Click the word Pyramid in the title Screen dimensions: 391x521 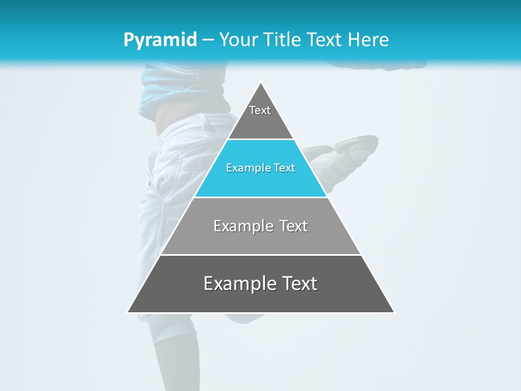160,40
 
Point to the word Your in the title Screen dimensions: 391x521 237,40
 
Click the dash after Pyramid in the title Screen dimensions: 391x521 208,40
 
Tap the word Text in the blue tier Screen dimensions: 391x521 284,168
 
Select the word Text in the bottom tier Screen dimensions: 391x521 297,283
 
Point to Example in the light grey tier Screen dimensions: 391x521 242,226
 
